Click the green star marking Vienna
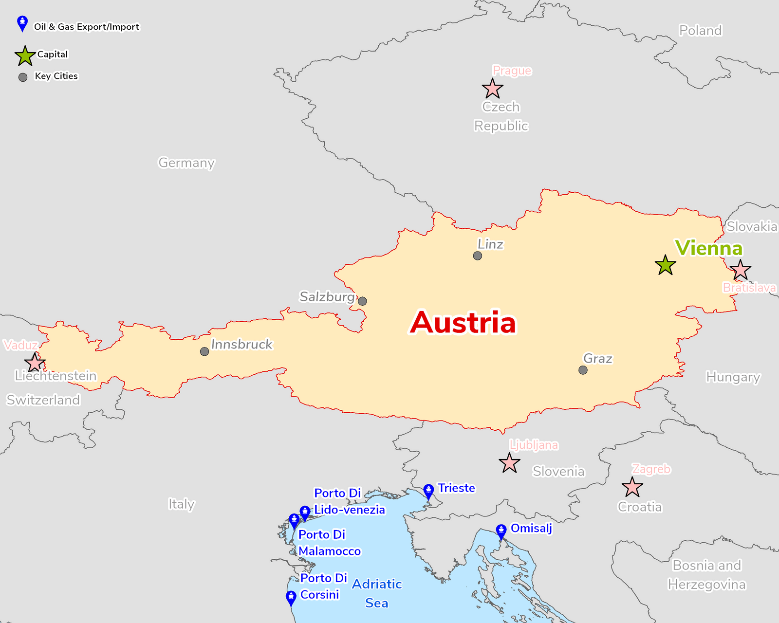[x=665, y=265]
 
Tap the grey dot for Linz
[x=478, y=256]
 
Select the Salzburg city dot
[x=362, y=301]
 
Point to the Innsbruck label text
[x=241, y=344]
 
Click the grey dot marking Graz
[x=583, y=370]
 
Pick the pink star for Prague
[x=492, y=89]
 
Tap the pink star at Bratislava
[x=741, y=270]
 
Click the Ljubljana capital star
[x=509, y=463]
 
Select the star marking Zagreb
[x=632, y=487]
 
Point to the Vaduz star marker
[x=35, y=363]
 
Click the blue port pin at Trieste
[x=428, y=491]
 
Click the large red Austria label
[x=463, y=323]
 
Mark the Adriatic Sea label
[x=377, y=593]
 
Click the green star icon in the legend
[x=25, y=56]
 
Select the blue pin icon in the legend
[x=22, y=23]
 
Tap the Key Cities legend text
[x=56, y=76]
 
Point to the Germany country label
[x=186, y=163]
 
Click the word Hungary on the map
[x=733, y=377]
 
